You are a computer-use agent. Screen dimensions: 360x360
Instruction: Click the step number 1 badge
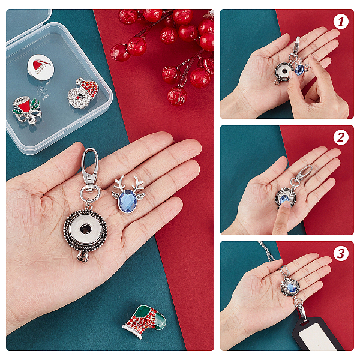(x=341, y=22)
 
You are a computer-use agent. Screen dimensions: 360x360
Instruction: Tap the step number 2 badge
(x=341, y=138)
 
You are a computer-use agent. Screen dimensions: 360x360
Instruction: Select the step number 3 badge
(x=341, y=254)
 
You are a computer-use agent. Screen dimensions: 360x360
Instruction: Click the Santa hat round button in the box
(x=41, y=67)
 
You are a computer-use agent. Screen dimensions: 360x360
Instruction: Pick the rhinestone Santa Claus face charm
(x=83, y=93)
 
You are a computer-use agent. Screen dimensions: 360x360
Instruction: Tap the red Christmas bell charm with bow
(x=27, y=110)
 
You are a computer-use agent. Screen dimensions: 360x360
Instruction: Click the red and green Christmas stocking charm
(x=145, y=321)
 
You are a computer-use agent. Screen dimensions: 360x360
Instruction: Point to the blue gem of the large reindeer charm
(x=128, y=200)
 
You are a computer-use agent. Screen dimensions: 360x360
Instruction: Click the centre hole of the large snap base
(x=85, y=229)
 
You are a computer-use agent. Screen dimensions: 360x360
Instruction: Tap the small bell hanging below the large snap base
(x=82, y=256)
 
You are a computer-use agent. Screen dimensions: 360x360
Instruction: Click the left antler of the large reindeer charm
(x=119, y=184)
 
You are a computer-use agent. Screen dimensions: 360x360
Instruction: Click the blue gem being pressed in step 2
(x=284, y=199)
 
